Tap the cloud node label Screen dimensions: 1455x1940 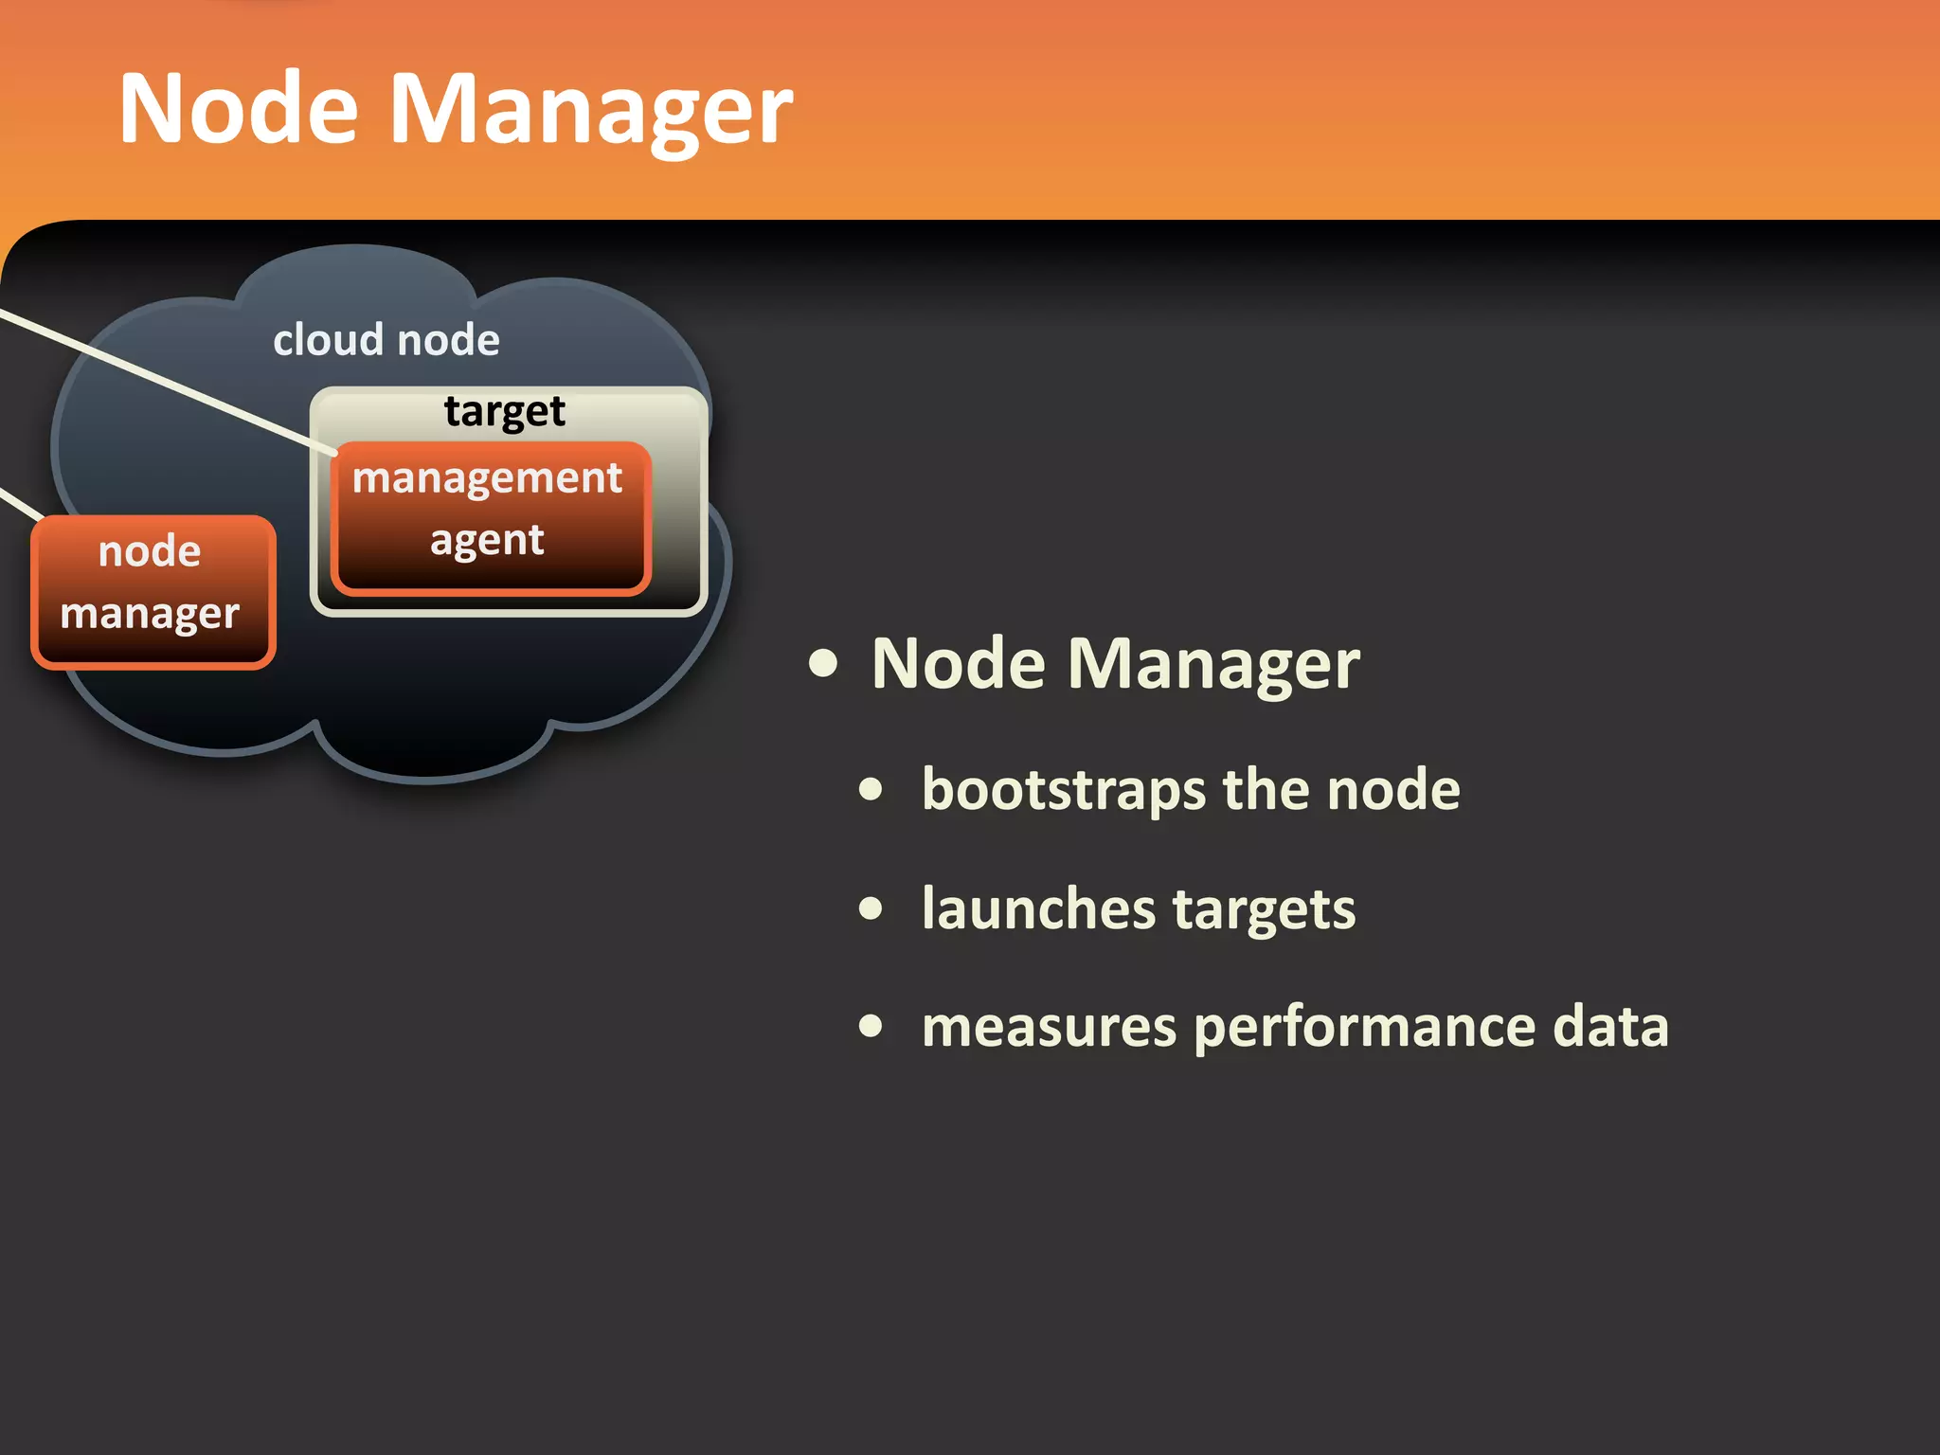click(x=386, y=340)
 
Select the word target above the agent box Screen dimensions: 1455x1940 click(x=504, y=412)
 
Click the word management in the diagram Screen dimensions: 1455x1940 click(x=487, y=478)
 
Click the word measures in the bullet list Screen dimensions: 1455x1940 click(x=1049, y=1027)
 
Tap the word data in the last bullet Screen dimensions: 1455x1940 click(x=1610, y=1027)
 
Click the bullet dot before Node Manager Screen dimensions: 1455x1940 click(x=823, y=664)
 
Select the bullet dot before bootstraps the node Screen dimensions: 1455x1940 click(x=871, y=790)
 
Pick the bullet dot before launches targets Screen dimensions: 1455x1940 click(x=871, y=908)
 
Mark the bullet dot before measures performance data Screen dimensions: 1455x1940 click(x=871, y=1027)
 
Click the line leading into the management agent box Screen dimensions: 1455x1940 click(x=171, y=380)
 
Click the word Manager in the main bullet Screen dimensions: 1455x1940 click(x=1213, y=664)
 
